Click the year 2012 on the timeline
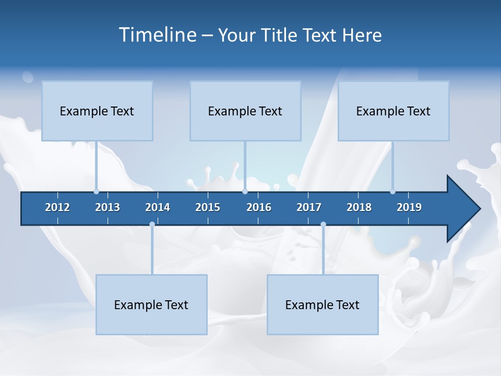pyautogui.click(x=57, y=207)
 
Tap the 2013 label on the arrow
pyautogui.click(x=108, y=207)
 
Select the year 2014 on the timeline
pyautogui.click(x=158, y=207)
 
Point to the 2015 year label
pyautogui.click(x=208, y=207)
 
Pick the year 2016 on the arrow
pyautogui.click(x=259, y=207)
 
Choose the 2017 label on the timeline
pyautogui.click(x=309, y=207)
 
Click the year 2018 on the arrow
pyautogui.click(x=359, y=207)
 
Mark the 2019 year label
pyautogui.click(x=409, y=207)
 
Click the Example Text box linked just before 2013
pyautogui.click(x=97, y=111)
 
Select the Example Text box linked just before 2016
pyautogui.click(x=245, y=111)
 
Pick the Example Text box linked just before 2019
pyautogui.click(x=393, y=111)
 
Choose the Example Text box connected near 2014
pyautogui.click(x=151, y=304)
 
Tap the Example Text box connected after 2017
pyautogui.click(x=323, y=304)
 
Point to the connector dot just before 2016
pyautogui.click(x=245, y=192)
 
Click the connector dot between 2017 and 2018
pyautogui.click(x=323, y=225)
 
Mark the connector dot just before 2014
pyautogui.click(x=152, y=225)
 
